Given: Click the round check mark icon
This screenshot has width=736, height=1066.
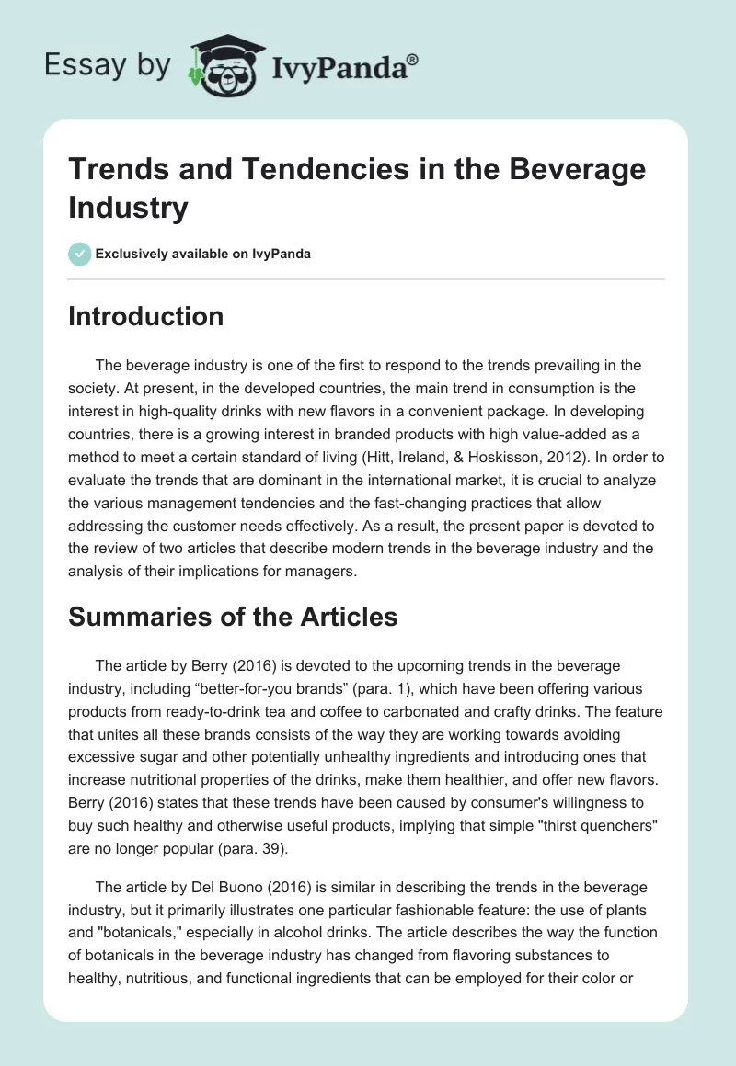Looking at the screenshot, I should (78, 254).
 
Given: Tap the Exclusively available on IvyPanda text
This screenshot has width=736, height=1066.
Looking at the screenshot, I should (202, 254).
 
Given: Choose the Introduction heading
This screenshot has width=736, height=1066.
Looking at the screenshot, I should (145, 316).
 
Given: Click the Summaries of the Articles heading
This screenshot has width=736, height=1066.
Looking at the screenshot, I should (233, 617).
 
